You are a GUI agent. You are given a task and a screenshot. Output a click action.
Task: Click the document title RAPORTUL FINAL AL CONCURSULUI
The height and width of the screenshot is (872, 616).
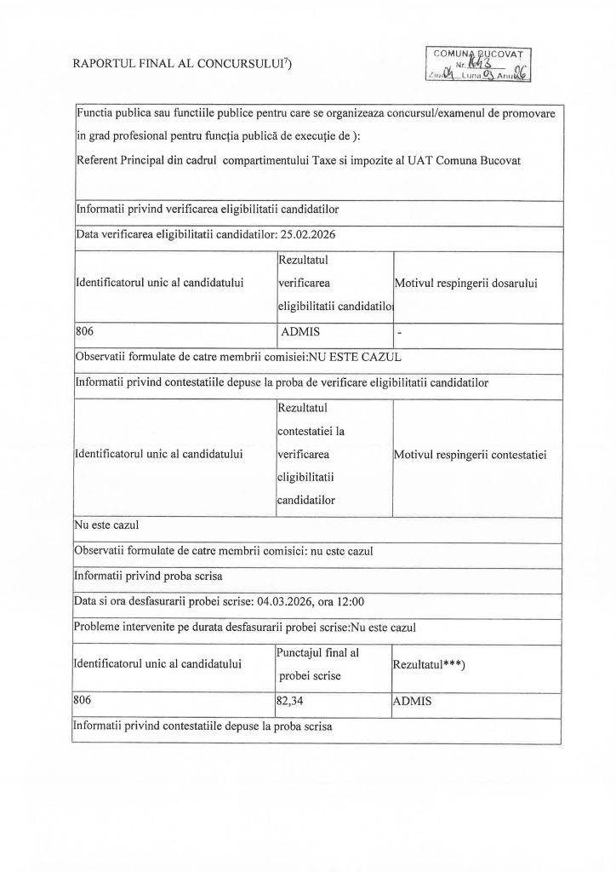(182, 64)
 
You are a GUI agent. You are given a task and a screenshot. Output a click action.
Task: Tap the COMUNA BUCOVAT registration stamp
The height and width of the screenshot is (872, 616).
(481, 64)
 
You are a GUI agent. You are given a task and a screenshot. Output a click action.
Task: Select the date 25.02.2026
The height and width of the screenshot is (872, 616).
(304, 234)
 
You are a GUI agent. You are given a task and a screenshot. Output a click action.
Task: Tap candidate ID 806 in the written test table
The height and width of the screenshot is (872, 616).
(83, 701)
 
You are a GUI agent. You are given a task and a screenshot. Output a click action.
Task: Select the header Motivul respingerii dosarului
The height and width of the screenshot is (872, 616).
(469, 282)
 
